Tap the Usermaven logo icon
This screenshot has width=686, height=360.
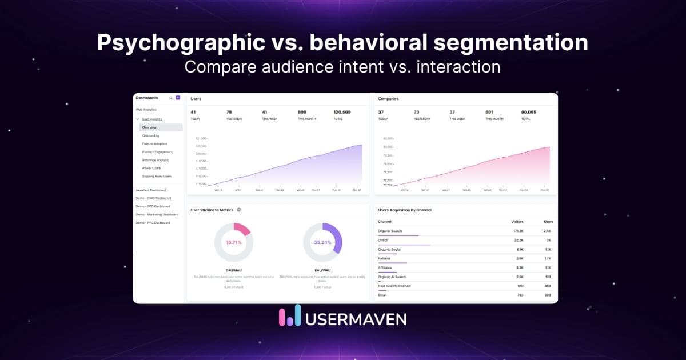pos(289,316)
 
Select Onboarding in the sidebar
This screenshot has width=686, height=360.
pos(151,135)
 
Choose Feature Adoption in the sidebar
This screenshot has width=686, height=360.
pos(155,144)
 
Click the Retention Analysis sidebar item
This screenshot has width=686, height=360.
pos(156,160)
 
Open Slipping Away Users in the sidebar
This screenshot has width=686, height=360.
pos(157,176)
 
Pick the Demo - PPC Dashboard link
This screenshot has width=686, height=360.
pos(153,223)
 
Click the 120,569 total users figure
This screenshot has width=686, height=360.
pos(342,112)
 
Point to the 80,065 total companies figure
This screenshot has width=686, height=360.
pos(529,112)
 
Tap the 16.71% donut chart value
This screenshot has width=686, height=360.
pos(233,242)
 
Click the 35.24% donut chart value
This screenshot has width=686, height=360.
pos(322,242)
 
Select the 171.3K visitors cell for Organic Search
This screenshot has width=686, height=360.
pos(519,231)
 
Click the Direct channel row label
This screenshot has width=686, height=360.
pos(383,240)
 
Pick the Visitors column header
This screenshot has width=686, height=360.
pos(517,221)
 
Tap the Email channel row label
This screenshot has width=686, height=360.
pos(382,295)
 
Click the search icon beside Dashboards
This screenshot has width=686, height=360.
pos(170,98)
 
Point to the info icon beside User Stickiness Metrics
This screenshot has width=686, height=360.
pos(239,210)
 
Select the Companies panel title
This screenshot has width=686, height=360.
pos(388,99)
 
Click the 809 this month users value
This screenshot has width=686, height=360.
pos(302,112)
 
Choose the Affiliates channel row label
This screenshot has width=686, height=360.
pos(385,267)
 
